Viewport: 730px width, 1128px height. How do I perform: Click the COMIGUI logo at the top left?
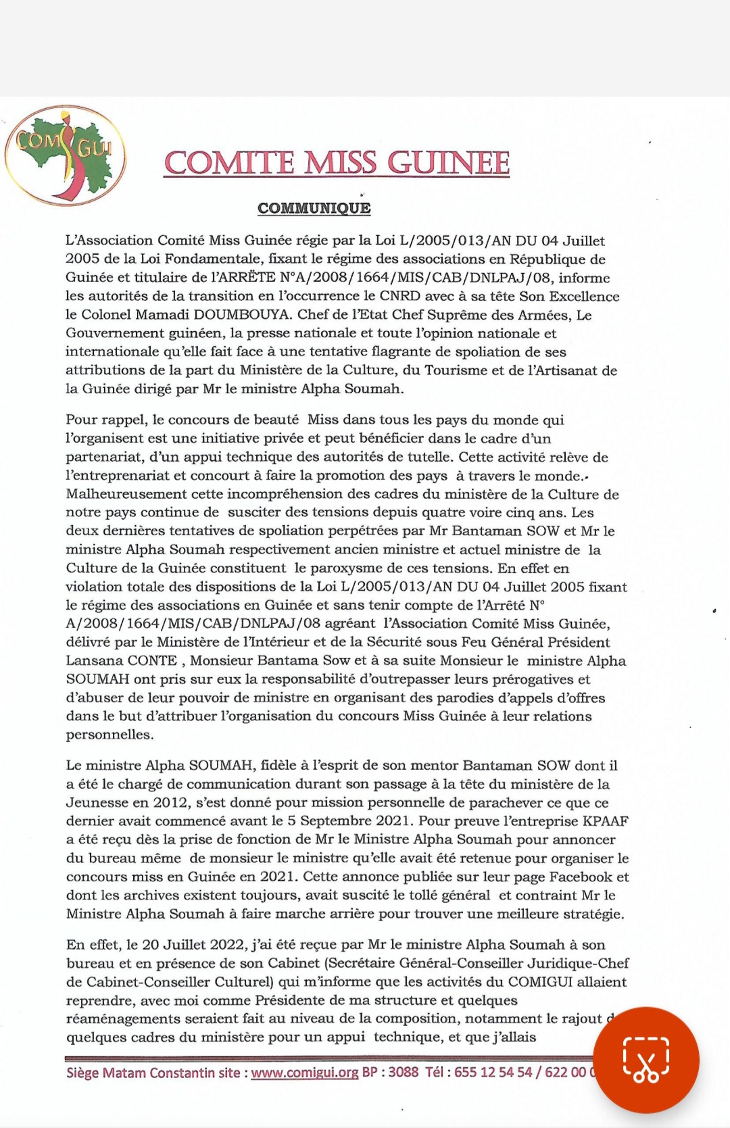click(65, 154)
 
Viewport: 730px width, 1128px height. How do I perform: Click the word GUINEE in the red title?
click(448, 164)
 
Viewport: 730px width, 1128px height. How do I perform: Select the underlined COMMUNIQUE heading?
click(314, 208)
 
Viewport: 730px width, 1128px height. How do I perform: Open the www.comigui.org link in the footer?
click(304, 1073)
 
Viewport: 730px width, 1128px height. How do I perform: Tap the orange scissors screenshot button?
click(646, 1060)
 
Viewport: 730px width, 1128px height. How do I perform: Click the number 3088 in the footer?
click(404, 1073)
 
